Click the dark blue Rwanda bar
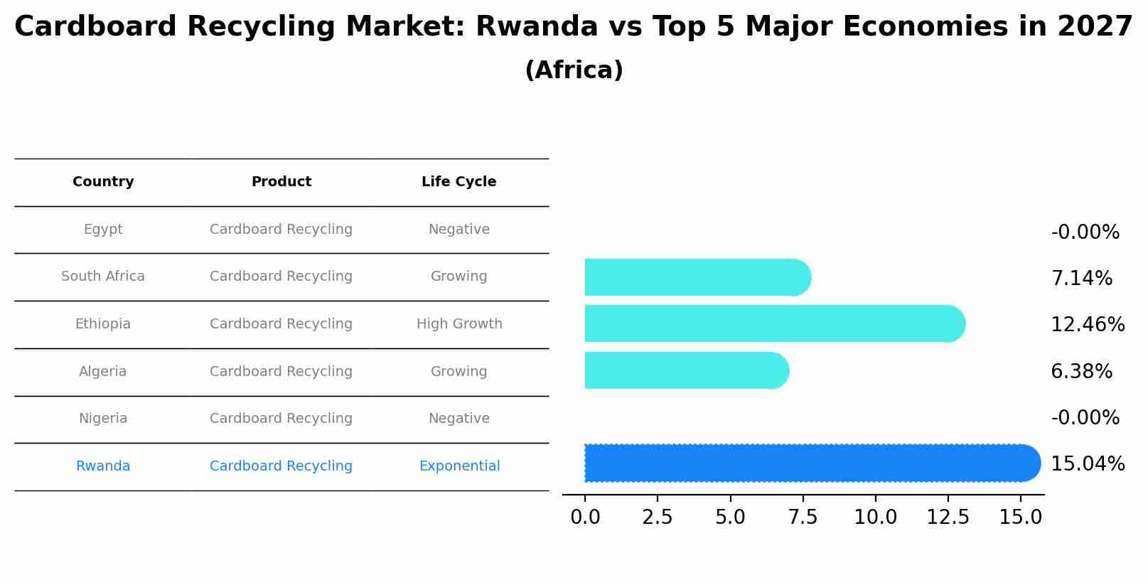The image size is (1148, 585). pyautogui.click(x=810, y=463)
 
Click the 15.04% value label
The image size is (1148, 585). pyautogui.click(x=1087, y=464)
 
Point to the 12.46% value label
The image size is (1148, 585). pyautogui.click(x=1087, y=325)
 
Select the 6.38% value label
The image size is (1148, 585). pyautogui.click(x=1080, y=372)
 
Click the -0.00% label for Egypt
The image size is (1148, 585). pyautogui.click(x=1085, y=232)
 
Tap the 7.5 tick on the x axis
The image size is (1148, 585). pyautogui.click(x=803, y=517)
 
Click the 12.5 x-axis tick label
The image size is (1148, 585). pyautogui.click(x=948, y=517)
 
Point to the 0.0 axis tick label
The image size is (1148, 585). pyautogui.click(x=585, y=517)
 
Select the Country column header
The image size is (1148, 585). pyautogui.click(x=103, y=182)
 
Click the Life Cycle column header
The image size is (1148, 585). pyautogui.click(x=458, y=182)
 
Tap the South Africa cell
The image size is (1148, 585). pyautogui.click(x=103, y=277)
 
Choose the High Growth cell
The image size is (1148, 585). pyautogui.click(x=458, y=324)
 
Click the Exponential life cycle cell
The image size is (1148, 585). pyautogui.click(x=458, y=466)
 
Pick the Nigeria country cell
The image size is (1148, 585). pyautogui.click(x=103, y=419)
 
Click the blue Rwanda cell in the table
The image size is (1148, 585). pyautogui.click(x=103, y=466)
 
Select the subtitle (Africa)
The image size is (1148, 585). pyautogui.click(x=574, y=70)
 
